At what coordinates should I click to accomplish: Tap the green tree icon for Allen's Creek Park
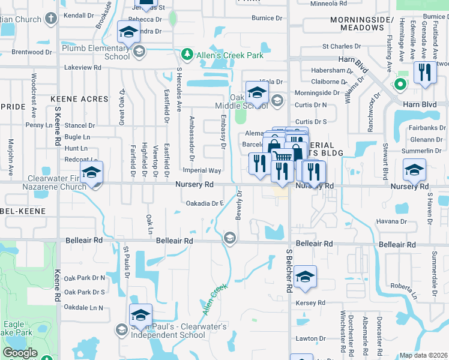point(187,56)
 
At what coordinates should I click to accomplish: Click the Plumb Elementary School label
point(95,52)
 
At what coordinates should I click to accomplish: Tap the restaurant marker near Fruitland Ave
point(425,74)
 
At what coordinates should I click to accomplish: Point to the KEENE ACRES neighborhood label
point(80,99)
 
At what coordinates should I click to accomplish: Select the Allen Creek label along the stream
point(216,300)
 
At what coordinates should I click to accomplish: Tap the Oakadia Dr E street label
point(205,203)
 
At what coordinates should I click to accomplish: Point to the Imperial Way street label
point(206,171)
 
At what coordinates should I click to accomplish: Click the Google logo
point(20,353)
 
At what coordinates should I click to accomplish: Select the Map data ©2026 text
point(424,355)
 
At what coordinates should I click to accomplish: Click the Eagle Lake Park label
point(13,328)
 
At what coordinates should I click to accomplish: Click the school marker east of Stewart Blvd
point(414,171)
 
